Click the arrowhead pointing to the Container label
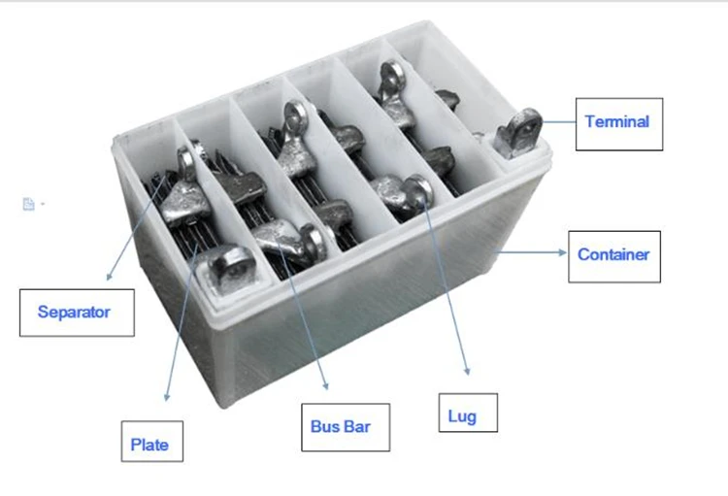(x=563, y=252)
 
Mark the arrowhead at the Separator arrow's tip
(x=109, y=277)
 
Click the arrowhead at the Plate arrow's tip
(x=167, y=397)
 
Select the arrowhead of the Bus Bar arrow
(x=326, y=385)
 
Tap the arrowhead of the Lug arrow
(x=468, y=371)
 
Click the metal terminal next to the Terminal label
(x=518, y=132)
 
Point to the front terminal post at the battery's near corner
(x=229, y=270)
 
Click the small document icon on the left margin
(x=28, y=204)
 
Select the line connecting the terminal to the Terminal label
(x=559, y=122)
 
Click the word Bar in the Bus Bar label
(x=357, y=426)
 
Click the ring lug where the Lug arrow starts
(x=418, y=190)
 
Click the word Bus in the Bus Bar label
(x=324, y=426)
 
